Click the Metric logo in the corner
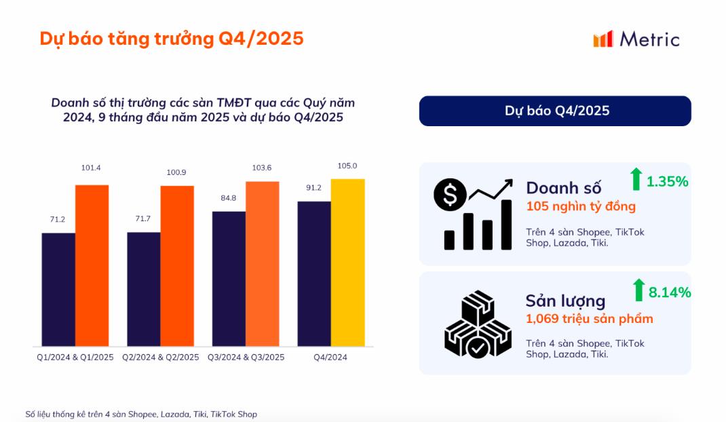pyautogui.click(x=636, y=39)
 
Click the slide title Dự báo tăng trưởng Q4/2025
pyautogui.click(x=171, y=39)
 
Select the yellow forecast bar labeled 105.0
pyautogui.click(x=347, y=263)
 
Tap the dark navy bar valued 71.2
pyautogui.click(x=58, y=290)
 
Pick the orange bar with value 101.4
pyautogui.click(x=92, y=265)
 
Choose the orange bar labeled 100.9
pyautogui.click(x=177, y=265)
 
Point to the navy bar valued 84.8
pyautogui.click(x=229, y=279)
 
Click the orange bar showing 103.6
pyautogui.click(x=263, y=263)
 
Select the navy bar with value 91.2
pyautogui.click(x=314, y=274)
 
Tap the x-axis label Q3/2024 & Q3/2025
pyautogui.click(x=246, y=357)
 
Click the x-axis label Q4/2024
pyautogui.click(x=331, y=357)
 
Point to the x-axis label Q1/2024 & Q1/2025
pyautogui.click(x=75, y=357)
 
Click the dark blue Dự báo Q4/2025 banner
pyautogui.click(x=555, y=111)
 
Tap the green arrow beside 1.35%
pyautogui.click(x=636, y=180)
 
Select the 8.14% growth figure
pyautogui.click(x=669, y=292)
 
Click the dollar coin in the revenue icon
pyautogui.click(x=450, y=195)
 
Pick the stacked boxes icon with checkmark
pyautogui.click(x=478, y=324)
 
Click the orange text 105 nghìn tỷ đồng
pyautogui.click(x=581, y=206)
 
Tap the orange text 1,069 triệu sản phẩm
pyautogui.click(x=589, y=319)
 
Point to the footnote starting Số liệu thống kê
pyautogui.click(x=141, y=414)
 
